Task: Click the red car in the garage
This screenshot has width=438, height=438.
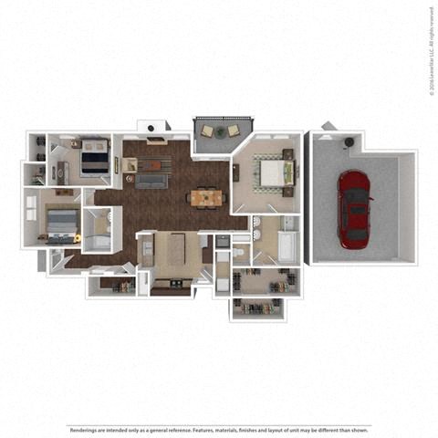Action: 354,208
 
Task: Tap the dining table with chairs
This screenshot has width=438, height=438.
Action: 203,196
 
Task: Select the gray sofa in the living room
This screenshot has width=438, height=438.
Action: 152,181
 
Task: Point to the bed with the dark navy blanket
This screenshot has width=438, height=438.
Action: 95,158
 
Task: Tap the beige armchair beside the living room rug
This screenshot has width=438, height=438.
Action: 131,164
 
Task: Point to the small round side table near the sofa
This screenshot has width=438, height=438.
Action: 129,179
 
